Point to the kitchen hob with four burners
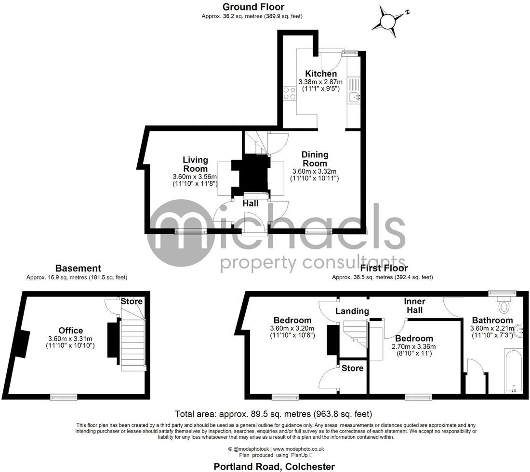[x=290, y=93]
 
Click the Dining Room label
[x=315, y=159]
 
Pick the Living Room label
[x=195, y=164]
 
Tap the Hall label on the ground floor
[x=251, y=204]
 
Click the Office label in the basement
[x=71, y=331]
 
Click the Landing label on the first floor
[x=352, y=311]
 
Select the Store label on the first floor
[x=353, y=368]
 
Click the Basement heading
[x=78, y=268]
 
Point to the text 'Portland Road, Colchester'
[x=274, y=466]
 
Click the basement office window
[x=64, y=397]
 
